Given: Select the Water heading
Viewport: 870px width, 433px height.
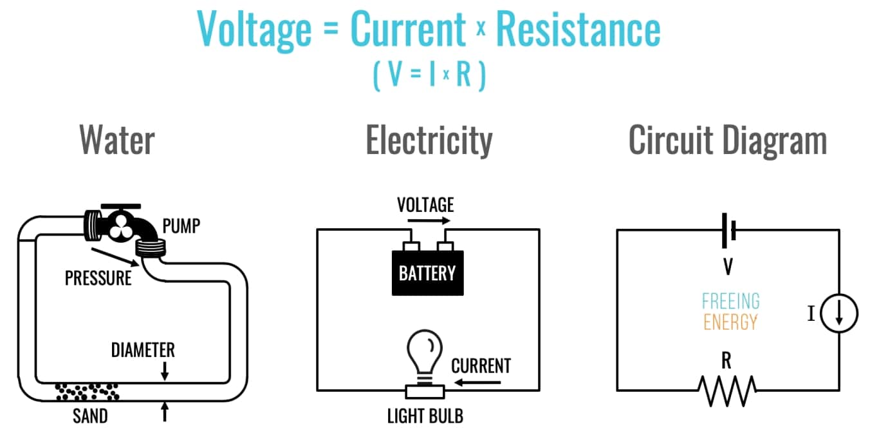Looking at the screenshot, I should click(116, 140).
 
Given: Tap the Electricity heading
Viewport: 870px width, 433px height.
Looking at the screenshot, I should click(429, 140).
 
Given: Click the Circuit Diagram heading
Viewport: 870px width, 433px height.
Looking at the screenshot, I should click(727, 140).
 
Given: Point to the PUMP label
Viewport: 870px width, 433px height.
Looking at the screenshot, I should click(181, 226).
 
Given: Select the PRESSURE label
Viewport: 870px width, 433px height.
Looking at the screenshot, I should click(98, 278).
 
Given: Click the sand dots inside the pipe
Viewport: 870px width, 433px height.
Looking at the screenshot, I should click(88, 390).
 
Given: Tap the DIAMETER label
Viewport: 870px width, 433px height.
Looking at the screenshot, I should click(143, 350).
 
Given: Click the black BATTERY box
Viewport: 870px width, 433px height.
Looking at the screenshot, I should click(427, 273).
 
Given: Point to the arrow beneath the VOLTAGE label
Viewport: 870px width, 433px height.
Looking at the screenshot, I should click(425, 220).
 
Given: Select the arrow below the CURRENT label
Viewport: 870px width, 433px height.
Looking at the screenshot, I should click(477, 383).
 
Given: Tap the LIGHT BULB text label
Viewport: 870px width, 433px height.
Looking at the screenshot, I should click(425, 416).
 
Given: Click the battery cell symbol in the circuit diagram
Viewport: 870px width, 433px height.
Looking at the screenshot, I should click(728, 230).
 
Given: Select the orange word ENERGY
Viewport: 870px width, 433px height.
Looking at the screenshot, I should click(730, 322).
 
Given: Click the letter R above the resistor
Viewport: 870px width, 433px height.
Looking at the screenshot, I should click(727, 361).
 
